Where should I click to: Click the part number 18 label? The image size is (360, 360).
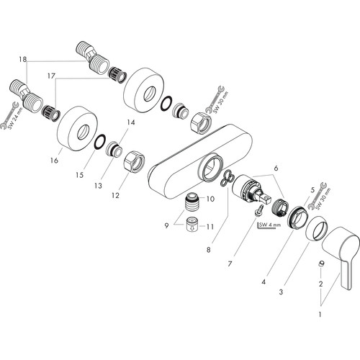[23, 59]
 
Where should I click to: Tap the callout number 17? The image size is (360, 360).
[51, 76]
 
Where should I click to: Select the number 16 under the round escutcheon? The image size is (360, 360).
[54, 161]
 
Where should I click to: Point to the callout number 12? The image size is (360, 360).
[115, 195]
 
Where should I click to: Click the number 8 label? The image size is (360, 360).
[208, 250]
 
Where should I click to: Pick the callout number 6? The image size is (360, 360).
[276, 168]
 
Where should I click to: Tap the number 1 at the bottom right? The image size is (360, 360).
[320, 314]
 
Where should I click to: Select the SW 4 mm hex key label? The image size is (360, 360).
[269, 225]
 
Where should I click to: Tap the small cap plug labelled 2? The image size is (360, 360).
[321, 264]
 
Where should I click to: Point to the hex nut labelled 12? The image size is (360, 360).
[135, 161]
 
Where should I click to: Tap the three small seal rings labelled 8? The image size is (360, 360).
[227, 177]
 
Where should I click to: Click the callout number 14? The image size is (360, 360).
[131, 122]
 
